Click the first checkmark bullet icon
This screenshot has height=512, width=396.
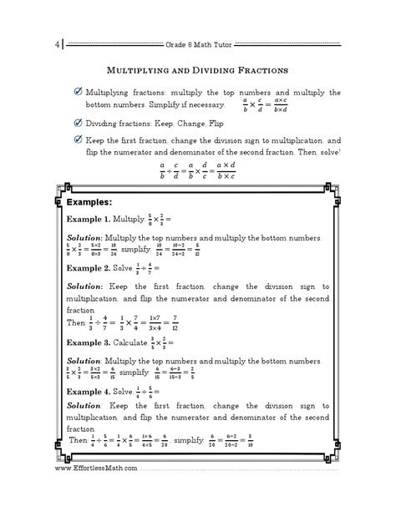pos(77,91)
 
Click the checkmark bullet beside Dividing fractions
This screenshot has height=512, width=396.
pos(77,123)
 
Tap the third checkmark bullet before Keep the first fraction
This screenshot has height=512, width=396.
pos(77,139)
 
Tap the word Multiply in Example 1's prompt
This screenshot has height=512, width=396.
pos(142,219)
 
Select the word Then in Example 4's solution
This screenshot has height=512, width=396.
pos(78,462)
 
